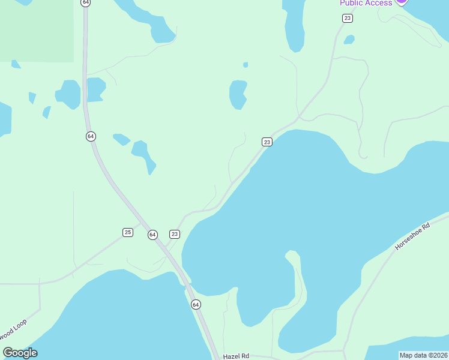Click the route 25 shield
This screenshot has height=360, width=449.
coord(127,232)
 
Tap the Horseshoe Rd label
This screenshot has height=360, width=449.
coord(413,237)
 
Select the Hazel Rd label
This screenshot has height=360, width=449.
coord(236,356)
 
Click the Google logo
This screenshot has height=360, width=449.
coord(20,353)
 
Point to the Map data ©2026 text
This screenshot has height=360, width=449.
coord(424,355)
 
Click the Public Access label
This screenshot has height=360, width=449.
coord(366,3)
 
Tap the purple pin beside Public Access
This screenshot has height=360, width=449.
coord(401,2)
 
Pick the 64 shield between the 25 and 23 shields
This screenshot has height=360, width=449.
coord(152,235)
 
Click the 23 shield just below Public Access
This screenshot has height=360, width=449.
coord(348,19)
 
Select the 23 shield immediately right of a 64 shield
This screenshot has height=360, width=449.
coord(175,234)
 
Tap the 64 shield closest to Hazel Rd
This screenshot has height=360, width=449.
coord(196,305)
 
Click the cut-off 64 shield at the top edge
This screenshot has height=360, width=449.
coord(86,2)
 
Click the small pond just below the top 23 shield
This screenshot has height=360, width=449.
coord(349,40)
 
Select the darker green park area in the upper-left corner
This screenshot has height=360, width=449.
coord(37,30)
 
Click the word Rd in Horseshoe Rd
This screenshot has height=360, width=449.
coord(426,227)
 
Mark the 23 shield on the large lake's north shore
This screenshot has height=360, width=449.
coord(267,142)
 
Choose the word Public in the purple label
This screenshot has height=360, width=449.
coord(351,3)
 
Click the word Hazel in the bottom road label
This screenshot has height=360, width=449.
coord(232,356)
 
